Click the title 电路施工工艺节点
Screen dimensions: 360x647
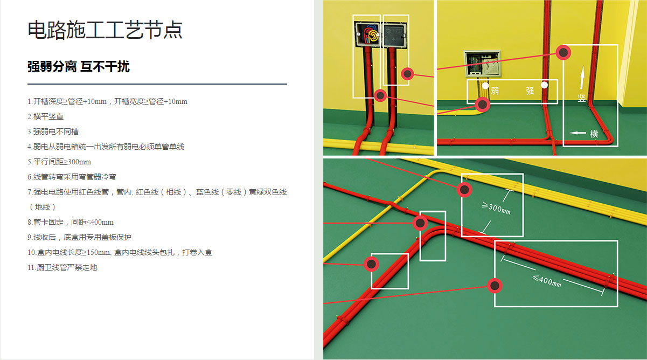point(105,30)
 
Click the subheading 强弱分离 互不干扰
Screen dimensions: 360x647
point(79,67)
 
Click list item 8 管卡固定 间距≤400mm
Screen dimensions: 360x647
point(71,222)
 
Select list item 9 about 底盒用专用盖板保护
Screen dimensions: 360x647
point(79,237)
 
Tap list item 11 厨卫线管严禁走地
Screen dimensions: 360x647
point(62,267)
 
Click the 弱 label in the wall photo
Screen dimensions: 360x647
point(495,91)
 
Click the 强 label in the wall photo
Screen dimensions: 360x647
point(530,91)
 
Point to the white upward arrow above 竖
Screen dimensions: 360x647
point(582,79)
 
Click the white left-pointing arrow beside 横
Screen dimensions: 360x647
point(578,133)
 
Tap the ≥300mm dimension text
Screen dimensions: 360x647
point(496,207)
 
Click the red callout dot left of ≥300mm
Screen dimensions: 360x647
point(464,190)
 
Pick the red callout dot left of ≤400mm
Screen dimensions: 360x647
point(495,286)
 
